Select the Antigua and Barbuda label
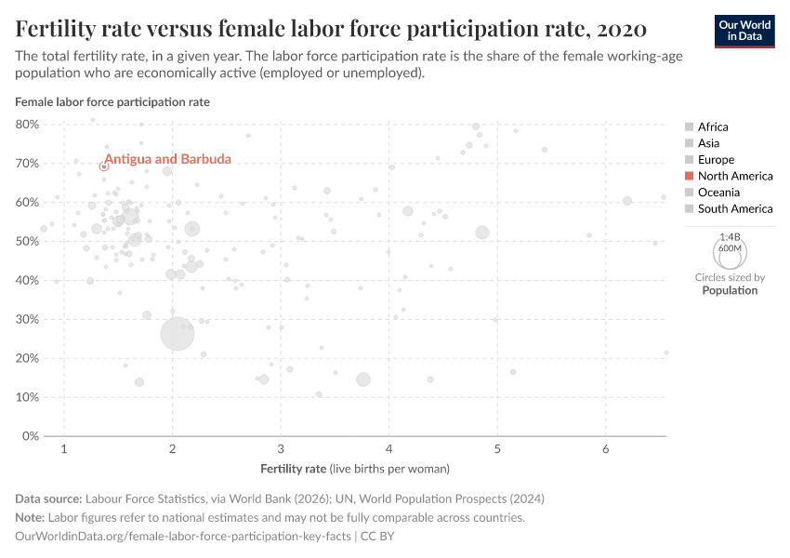167,159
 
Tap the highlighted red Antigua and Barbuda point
104,166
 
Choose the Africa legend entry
713,126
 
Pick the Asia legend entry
708,143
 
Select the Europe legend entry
716,160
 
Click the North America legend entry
734,176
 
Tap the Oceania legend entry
718,193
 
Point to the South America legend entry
734,208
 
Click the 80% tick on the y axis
27,124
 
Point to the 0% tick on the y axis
30,436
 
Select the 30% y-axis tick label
27,319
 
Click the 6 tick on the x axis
605,449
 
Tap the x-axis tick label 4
389,449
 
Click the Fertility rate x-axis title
355,468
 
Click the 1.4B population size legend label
730,237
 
